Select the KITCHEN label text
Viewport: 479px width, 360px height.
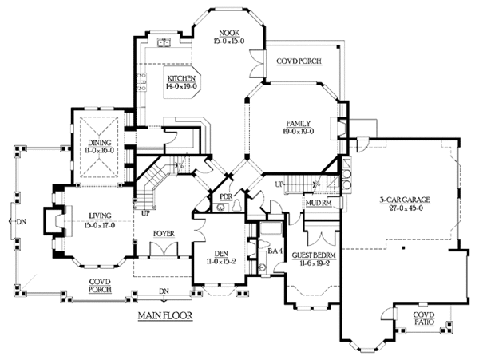click(181, 77)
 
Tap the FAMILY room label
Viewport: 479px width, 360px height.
click(299, 123)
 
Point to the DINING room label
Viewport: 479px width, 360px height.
click(100, 141)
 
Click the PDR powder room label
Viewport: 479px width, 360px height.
click(225, 195)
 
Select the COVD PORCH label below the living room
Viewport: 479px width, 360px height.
click(101, 285)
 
